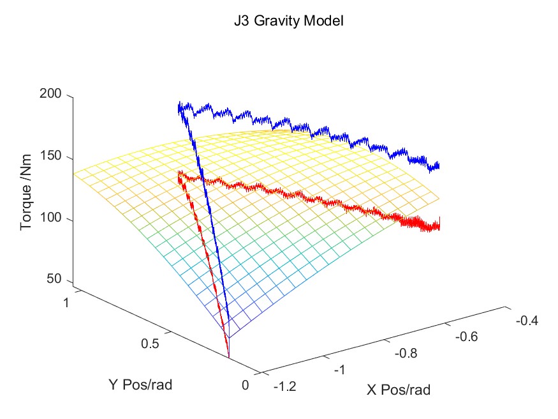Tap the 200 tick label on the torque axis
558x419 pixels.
(x=52, y=95)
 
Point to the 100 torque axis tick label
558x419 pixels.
(x=52, y=220)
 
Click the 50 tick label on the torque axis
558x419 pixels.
(x=55, y=279)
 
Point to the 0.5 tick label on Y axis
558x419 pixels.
(x=151, y=344)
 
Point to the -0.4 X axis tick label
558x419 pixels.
(x=526, y=321)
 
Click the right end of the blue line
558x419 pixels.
(x=438, y=166)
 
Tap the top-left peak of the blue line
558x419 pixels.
(x=180, y=104)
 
